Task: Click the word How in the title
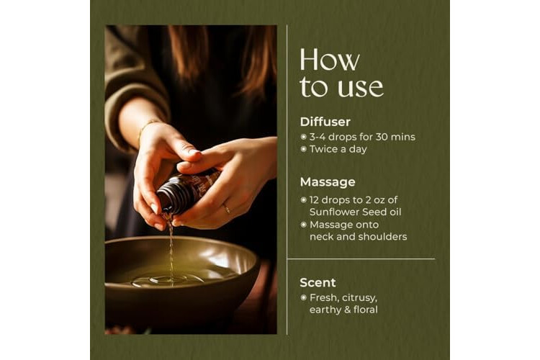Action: click(329, 60)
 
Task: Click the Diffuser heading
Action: click(325, 122)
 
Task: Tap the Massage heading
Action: click(328, 182)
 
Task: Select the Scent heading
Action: click(318, 282)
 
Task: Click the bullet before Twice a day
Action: click(303, 149)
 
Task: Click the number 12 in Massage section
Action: click(315, 200)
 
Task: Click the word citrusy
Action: click(360, 298)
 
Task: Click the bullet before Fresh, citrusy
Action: click(303, 297)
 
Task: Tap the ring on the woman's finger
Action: click(227, 208)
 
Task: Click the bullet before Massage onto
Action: click(303, 225)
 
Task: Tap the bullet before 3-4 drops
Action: click(303, 137)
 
